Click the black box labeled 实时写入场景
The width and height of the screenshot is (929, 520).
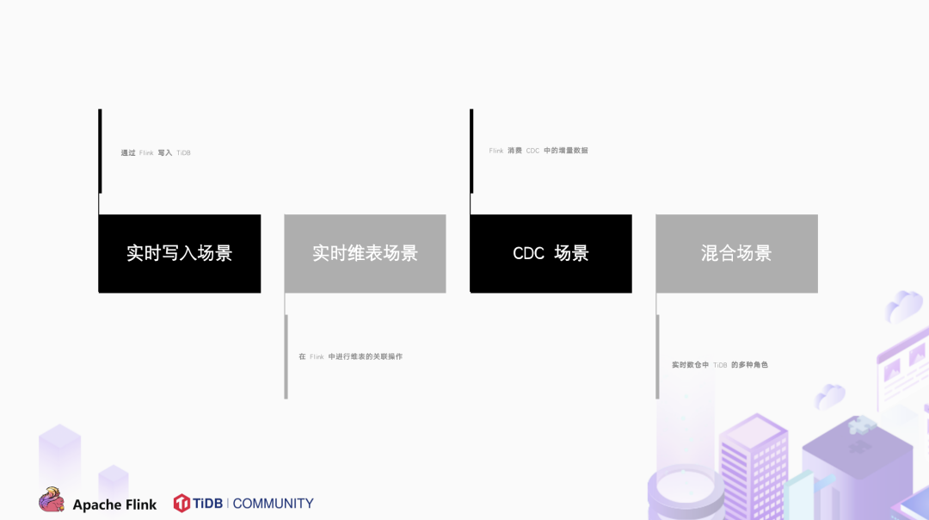179,253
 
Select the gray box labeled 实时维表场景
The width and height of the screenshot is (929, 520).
365,253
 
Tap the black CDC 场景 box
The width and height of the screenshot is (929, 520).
551,253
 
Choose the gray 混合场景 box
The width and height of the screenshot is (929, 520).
736,253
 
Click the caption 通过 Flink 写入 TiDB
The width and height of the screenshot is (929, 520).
156,153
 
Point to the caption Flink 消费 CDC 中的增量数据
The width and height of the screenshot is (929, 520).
538,151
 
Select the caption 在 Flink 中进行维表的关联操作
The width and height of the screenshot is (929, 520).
350,356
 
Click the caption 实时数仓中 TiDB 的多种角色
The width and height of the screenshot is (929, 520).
720,365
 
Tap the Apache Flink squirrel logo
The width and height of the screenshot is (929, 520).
52,500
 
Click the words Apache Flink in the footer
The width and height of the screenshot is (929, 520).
114,505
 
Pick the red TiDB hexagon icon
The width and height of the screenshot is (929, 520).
181,503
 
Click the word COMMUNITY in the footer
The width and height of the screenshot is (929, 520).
273,503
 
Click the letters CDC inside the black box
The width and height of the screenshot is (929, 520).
528,253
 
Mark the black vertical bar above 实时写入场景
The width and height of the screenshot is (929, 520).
100,152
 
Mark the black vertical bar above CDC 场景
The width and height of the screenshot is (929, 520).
471,152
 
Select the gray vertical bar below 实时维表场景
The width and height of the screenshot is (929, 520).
286,356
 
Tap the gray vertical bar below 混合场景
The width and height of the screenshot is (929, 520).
658,356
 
